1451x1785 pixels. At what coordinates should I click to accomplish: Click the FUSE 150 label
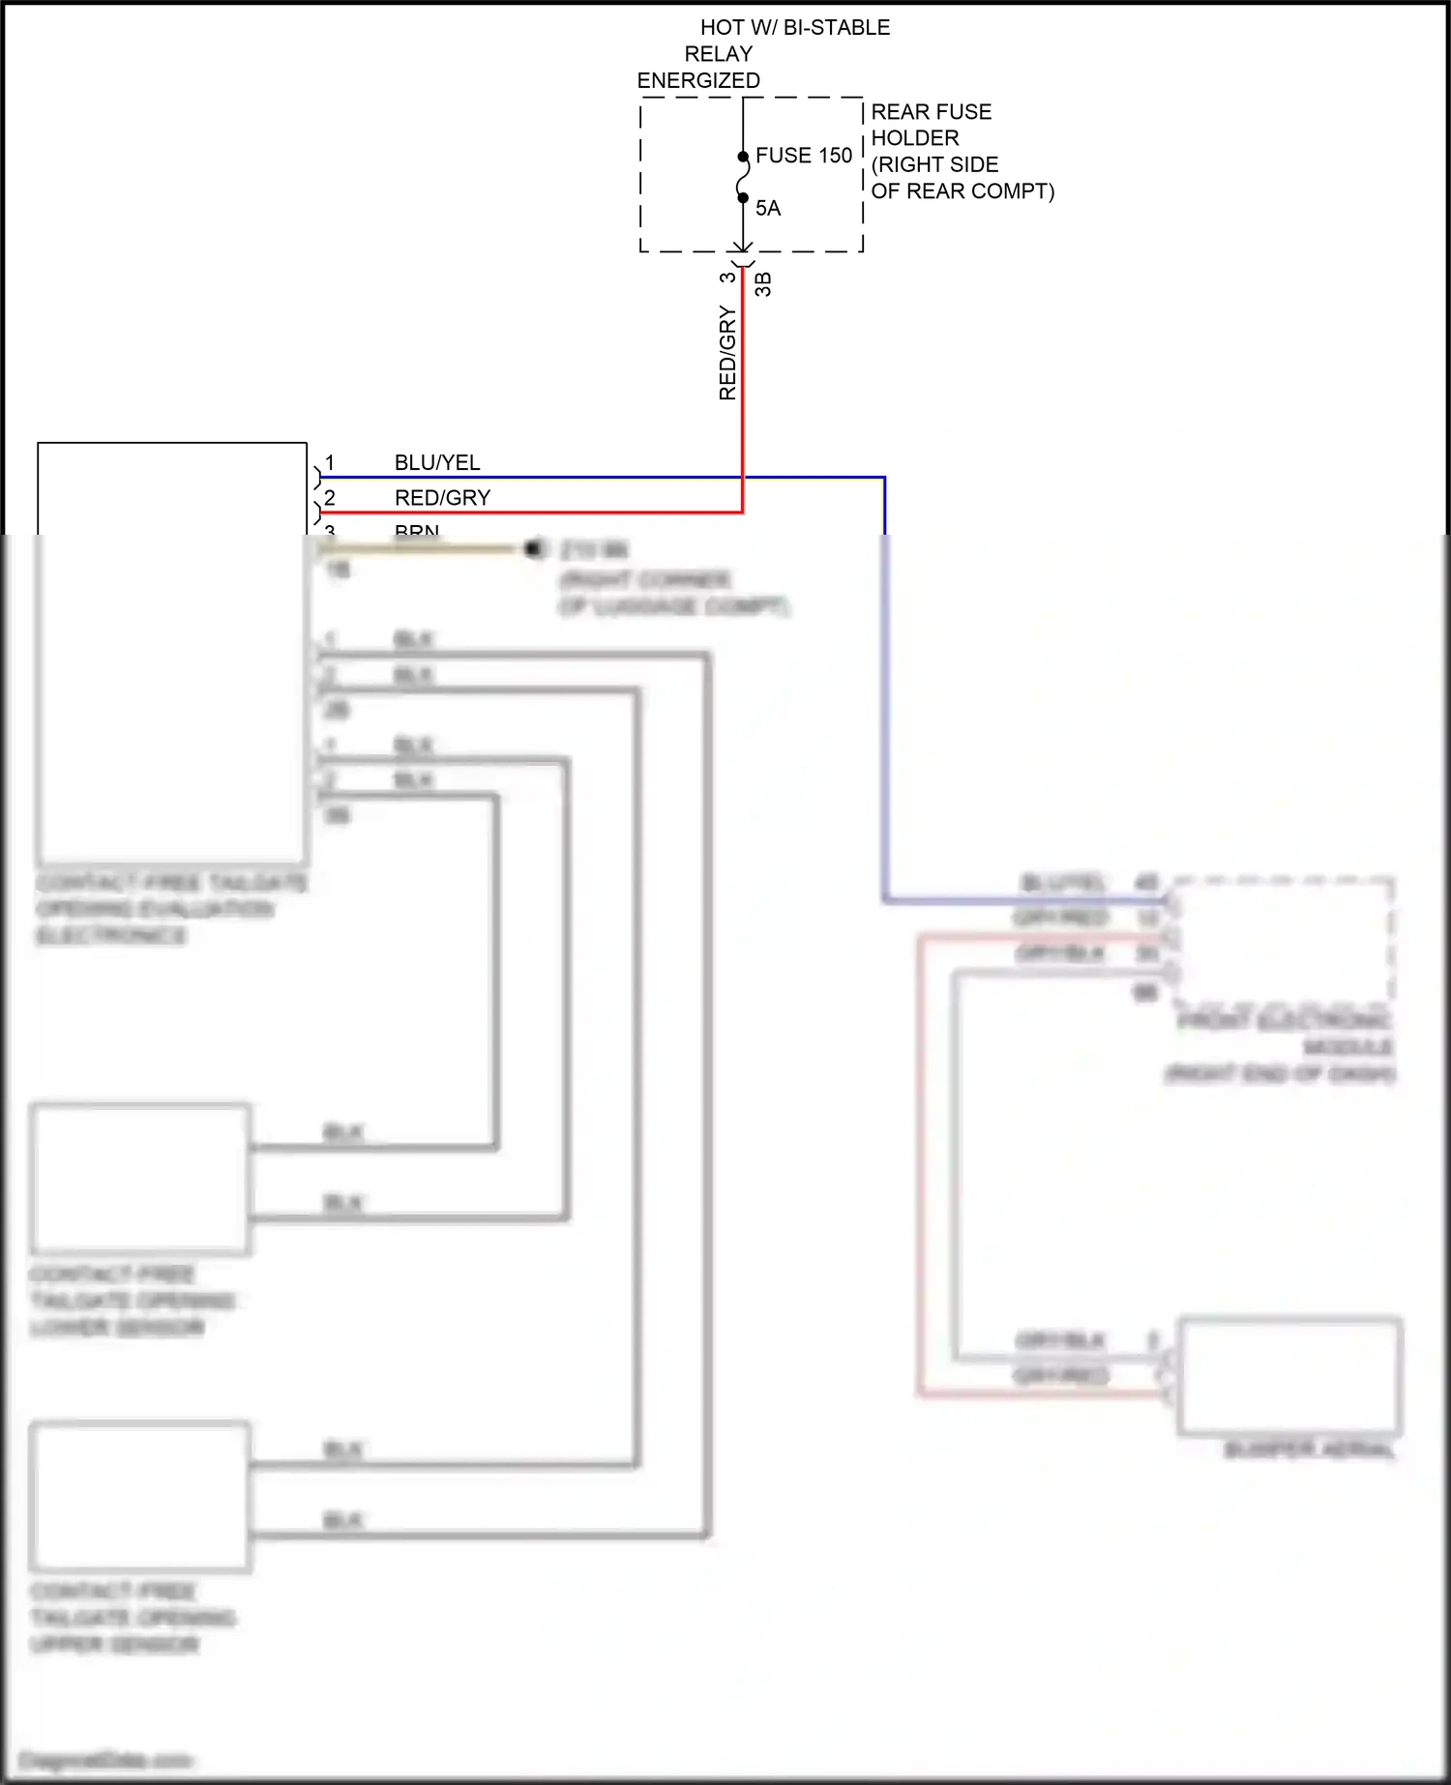tap(803, 156)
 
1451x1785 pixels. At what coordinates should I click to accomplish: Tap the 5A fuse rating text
tap(768, 208)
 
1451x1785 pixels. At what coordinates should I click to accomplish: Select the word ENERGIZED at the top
tap(698, 81)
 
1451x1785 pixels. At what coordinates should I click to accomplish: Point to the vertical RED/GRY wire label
tap(727, 353)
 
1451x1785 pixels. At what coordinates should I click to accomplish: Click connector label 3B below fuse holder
tap(763, 284)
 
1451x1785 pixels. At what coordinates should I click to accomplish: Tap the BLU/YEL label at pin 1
tap(437, 463)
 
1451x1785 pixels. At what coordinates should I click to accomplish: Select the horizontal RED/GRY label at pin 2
tap(442, 498)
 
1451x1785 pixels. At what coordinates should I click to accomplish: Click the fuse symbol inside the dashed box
tap(743, 177)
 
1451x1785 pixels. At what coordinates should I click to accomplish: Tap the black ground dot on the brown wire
tap(533, 548)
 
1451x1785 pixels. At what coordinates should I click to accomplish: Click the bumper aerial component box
tap(1288, 1375)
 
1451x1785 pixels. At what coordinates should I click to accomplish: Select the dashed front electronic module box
tap(1283, 939)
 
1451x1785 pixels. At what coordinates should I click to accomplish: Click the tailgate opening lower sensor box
tap(141, 1180)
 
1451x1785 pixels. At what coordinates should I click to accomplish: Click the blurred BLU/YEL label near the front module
tap(1062, 883)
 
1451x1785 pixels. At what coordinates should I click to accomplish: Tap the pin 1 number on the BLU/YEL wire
tap(330, 463)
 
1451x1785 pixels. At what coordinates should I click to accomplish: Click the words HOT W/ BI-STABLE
tap(794, 28)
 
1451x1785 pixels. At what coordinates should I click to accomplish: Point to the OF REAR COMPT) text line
tap(962, 191)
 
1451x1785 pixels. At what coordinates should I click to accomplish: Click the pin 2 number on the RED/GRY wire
tap(330, 498)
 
